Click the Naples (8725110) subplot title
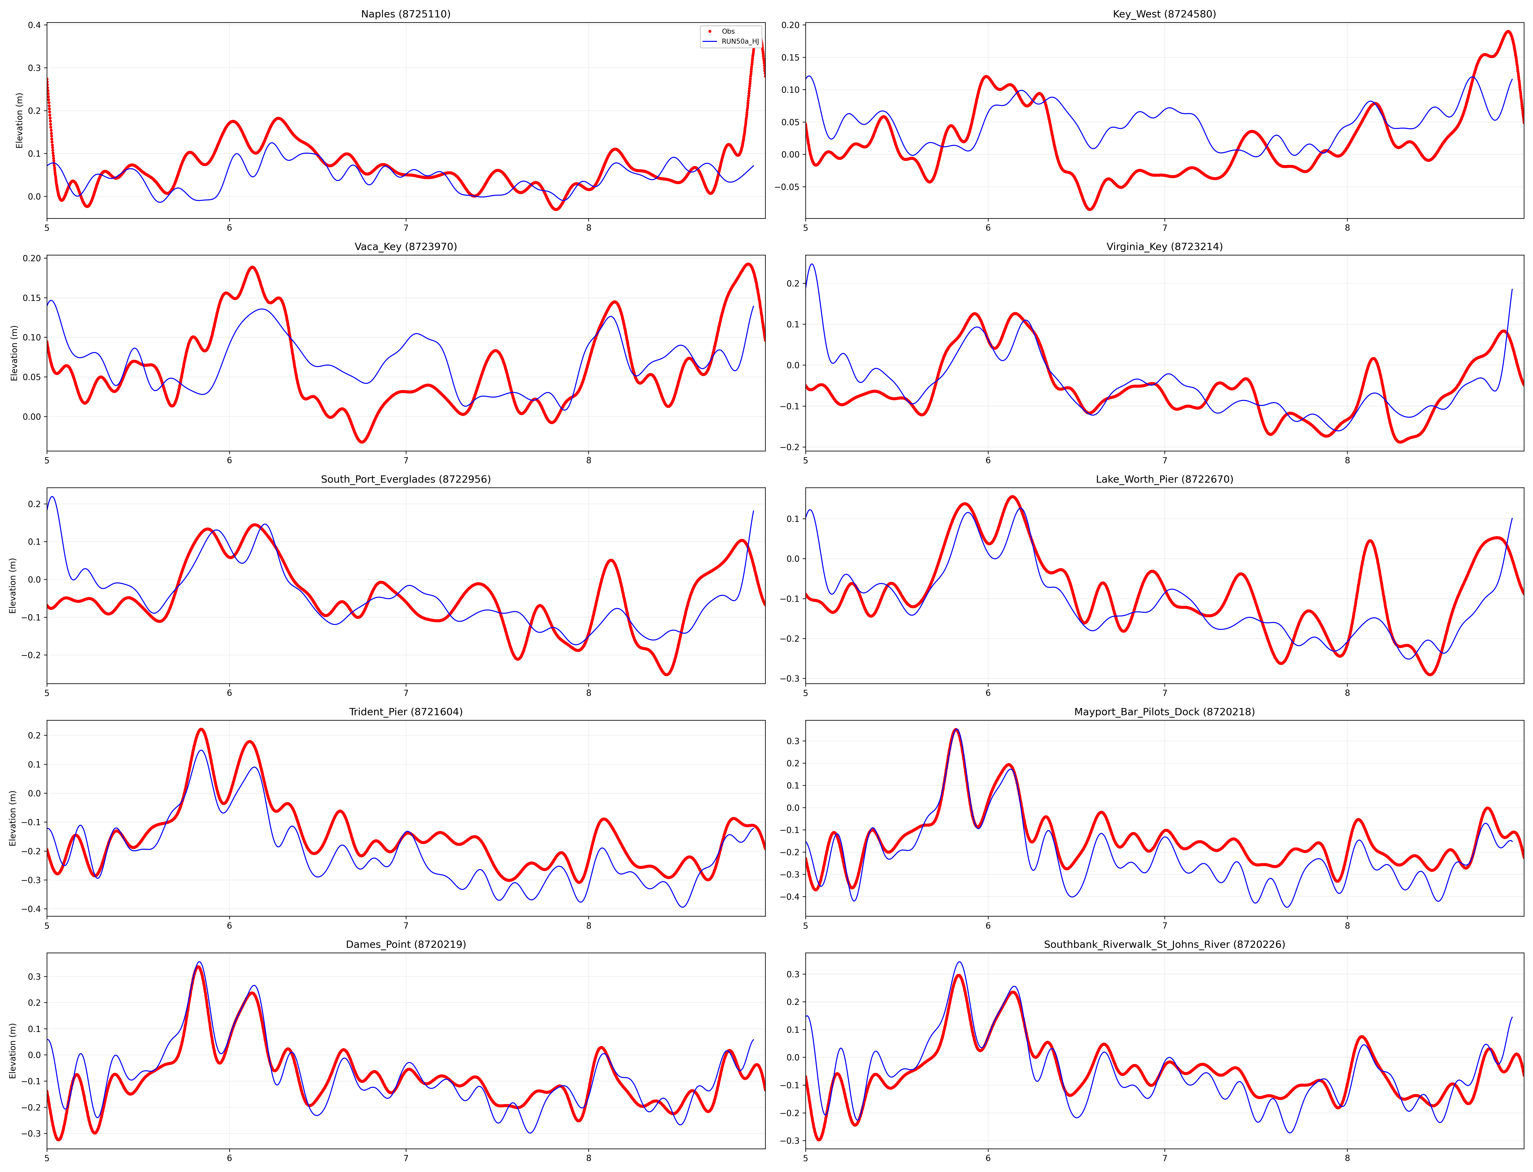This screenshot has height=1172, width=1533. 405,14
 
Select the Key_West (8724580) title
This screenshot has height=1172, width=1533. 1164,14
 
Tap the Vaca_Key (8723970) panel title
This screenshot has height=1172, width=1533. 405,246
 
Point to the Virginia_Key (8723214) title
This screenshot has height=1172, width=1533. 1164,246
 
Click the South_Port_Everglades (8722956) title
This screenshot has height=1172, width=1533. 405,479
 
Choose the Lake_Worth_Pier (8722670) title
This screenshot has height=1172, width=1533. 1164,479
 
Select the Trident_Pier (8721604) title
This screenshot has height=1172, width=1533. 405,712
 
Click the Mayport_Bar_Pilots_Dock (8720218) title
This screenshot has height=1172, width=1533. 1164,712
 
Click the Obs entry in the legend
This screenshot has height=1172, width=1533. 728,31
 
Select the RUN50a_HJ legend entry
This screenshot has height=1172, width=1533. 740,42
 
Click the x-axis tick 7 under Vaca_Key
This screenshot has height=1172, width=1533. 405,460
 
